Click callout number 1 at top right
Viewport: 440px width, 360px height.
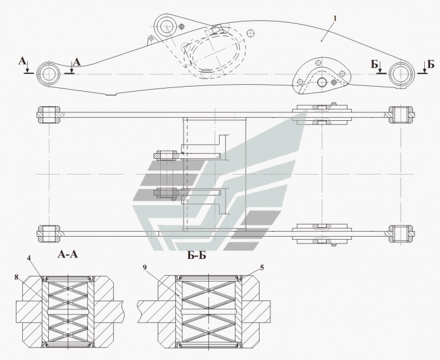(335, 18)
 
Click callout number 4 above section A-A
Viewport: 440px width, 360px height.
(28, 258)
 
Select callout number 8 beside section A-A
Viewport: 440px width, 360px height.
(16, 277)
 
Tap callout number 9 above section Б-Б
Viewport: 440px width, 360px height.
(144, 267)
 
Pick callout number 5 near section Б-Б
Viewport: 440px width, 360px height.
(262, 268)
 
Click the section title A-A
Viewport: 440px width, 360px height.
(68, 254)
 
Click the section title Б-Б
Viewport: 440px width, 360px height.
(196, 255)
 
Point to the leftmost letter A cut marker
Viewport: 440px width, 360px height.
(22, 61)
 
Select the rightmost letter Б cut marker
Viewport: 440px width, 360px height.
(431, 64)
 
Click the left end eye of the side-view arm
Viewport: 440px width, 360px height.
(49, 74)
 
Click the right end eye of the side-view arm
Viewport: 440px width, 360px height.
(401, 74)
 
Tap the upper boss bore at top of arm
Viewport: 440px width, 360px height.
(167, 27)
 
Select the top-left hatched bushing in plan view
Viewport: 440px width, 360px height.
(49, 115)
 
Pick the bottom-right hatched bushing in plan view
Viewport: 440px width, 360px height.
(401, 233)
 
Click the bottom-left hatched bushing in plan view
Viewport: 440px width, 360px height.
(49, 233)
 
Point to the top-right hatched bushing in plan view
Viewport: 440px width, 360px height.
(401, 115)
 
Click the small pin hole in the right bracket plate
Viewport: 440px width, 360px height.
(322, 82)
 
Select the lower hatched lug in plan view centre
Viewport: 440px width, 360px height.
(167, 192)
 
